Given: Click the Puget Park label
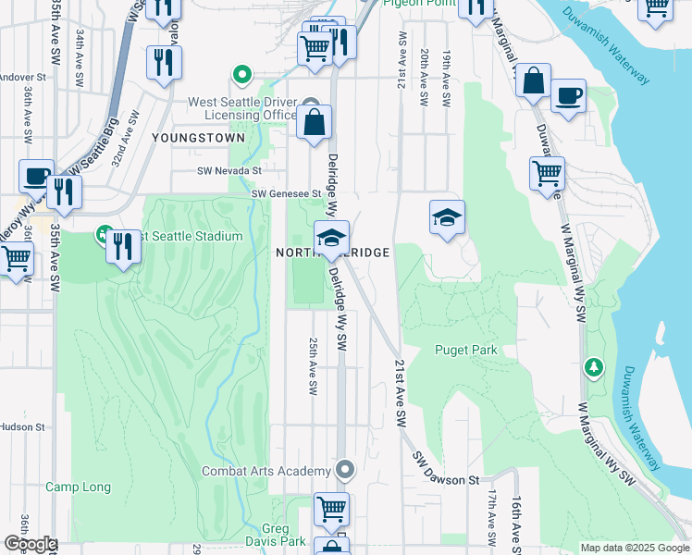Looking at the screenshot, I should pos(466,350).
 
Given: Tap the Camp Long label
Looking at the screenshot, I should pos(78,487).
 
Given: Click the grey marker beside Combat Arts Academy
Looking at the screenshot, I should pos(345,471).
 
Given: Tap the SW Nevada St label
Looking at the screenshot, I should pos(229,171).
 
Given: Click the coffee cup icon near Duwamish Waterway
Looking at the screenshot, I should pos(568,94).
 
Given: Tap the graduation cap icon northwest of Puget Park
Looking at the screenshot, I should pos(447,218).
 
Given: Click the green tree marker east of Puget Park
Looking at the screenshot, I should pos(593,367).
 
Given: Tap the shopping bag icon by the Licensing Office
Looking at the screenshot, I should pos(315,122).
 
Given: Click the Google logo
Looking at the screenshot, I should pos(30,544).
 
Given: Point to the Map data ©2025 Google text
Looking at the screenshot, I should pos(634,548).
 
